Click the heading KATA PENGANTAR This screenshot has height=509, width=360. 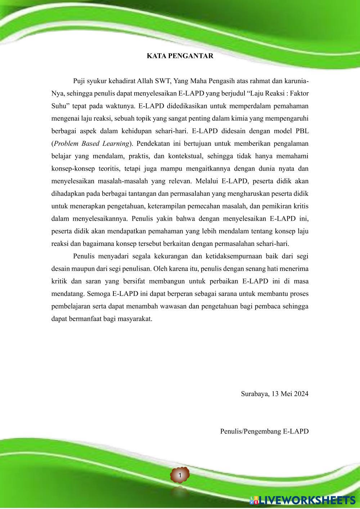[x=180, y=56]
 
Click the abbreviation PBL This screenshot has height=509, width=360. [x=301, y=131]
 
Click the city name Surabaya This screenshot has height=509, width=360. [x=254, y=394]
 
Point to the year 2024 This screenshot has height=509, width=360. [x=301, y=394]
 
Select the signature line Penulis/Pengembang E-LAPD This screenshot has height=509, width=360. [x=264, y=431]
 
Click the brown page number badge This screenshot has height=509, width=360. [x=180, y=476]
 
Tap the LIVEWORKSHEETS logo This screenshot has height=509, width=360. [x=302, y=500]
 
